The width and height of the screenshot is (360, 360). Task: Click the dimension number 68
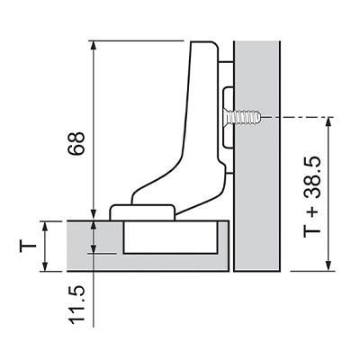pyautogui.click(x=76, y=143)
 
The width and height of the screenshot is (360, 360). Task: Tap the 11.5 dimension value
pyautogui.click(x=76, y=306)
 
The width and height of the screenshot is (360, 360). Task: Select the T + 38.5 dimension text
pyautogui.click(x=312, y=197)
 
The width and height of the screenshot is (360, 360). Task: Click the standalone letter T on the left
pyautogui.click(x=28, y=247)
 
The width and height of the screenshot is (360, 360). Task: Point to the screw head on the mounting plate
pyautogui.click(x=228, y=117)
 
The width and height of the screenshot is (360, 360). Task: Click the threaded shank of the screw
pyautogui.click(x=247, y=117)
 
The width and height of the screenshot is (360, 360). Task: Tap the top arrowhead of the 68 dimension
pyautogui.click(x=94, y=46)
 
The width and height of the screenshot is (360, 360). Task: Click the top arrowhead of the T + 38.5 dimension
pyautogui.click(x=328, y=122)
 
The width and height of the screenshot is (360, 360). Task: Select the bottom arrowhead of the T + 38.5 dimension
pyautogui.click(x=328, y=265)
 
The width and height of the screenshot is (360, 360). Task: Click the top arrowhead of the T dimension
pyautogui.click(x=45, y=227)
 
